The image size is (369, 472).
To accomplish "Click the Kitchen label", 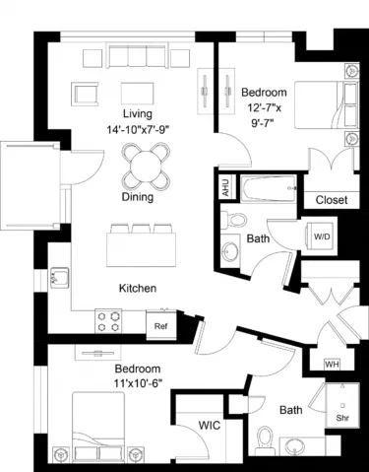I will tap(139, 289).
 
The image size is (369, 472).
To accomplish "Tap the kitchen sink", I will tap(58, 278).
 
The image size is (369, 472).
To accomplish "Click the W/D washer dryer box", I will tap(322, 237).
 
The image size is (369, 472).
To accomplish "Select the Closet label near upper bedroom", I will tap(331, 200).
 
